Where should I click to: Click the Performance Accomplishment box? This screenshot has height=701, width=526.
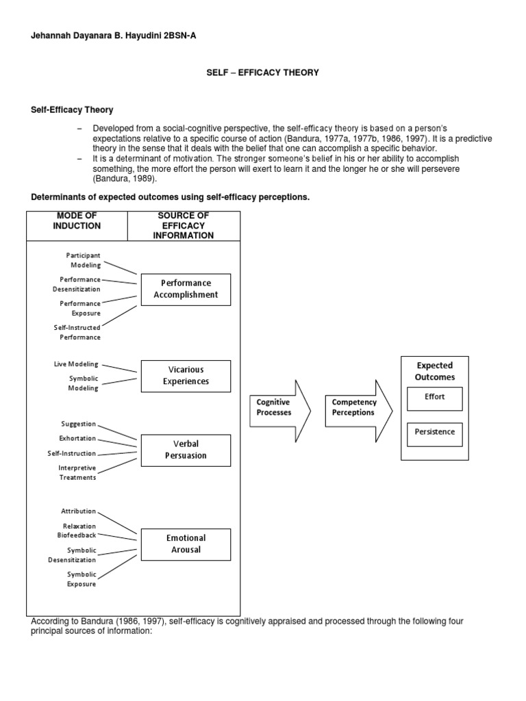186,289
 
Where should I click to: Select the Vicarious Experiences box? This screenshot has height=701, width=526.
186,376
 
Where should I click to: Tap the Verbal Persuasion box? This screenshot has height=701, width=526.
186,450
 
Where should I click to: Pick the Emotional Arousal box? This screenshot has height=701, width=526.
186,544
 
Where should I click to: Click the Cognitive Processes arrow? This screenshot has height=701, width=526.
277,408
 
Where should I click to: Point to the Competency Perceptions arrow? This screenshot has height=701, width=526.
357,408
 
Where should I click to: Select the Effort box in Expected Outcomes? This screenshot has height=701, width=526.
434,397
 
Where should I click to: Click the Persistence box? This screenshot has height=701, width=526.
434,433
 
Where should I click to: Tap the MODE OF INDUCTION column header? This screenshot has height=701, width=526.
77,221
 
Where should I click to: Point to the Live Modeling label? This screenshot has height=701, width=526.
76,364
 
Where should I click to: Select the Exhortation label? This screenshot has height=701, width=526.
77,438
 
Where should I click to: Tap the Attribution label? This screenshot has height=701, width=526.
79,511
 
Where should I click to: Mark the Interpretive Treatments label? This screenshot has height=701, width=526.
77,472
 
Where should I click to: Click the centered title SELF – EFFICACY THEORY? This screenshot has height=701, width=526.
263,73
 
